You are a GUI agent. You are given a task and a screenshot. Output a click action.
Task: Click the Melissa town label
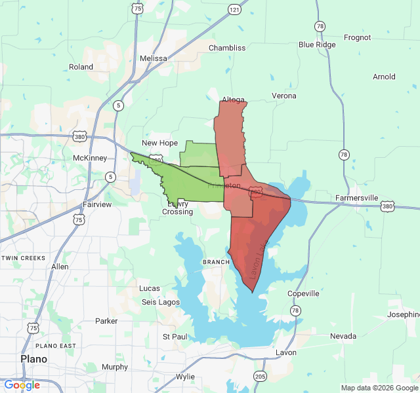154,58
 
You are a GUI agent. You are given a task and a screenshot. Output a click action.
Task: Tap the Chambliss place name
227,48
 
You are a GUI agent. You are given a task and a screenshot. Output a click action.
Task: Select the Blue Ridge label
317,45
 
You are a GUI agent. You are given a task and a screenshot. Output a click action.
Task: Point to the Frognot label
357,38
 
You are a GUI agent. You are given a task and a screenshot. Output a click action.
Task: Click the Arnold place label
384,77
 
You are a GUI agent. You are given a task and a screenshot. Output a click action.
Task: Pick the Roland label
81,67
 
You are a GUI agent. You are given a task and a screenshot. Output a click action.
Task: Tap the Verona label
284,96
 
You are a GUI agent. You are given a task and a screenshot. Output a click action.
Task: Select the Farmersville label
357,197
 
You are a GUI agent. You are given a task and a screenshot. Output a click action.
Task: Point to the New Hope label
160,143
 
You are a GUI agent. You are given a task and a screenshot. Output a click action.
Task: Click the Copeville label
303,293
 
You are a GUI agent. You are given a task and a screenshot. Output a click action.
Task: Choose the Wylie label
185,377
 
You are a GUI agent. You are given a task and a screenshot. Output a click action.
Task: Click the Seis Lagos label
161,301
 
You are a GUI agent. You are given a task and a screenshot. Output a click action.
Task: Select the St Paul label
175,336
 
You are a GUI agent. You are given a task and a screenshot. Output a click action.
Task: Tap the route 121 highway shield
235,9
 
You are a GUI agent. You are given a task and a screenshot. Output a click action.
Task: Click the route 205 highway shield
260,377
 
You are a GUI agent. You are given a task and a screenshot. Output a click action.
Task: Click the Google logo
22,385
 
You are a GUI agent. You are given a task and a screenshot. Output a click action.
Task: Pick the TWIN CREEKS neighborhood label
24,258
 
